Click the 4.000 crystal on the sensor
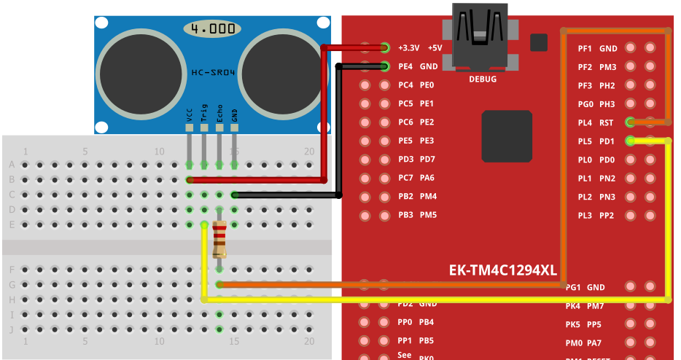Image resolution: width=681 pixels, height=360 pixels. tap(213, 29)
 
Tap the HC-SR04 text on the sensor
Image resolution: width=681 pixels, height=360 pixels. tap(213, 74)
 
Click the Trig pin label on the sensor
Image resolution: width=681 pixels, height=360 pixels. tap(204, 112)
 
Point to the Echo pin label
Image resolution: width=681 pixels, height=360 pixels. tap(219, 112)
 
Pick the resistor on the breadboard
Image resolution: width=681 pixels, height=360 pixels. tap(219, 240)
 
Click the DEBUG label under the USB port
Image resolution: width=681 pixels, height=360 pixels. tap(483, 78)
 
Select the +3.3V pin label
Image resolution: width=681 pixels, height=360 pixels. tap(409, 48)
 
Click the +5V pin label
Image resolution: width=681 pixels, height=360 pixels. tap(435, 48)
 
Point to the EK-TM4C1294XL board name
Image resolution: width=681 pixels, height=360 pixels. tap(502, 271)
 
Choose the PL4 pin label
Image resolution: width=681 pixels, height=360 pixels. tap(585, 122)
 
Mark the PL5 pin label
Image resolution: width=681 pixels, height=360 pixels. tap(585, 141)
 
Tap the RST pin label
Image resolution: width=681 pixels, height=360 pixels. tap(607, 122)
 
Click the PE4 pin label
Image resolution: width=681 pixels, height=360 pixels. tap(406, 66)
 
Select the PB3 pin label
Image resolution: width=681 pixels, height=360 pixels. tap(406, 215)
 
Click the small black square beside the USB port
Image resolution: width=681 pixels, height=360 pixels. tap(539, 42)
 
